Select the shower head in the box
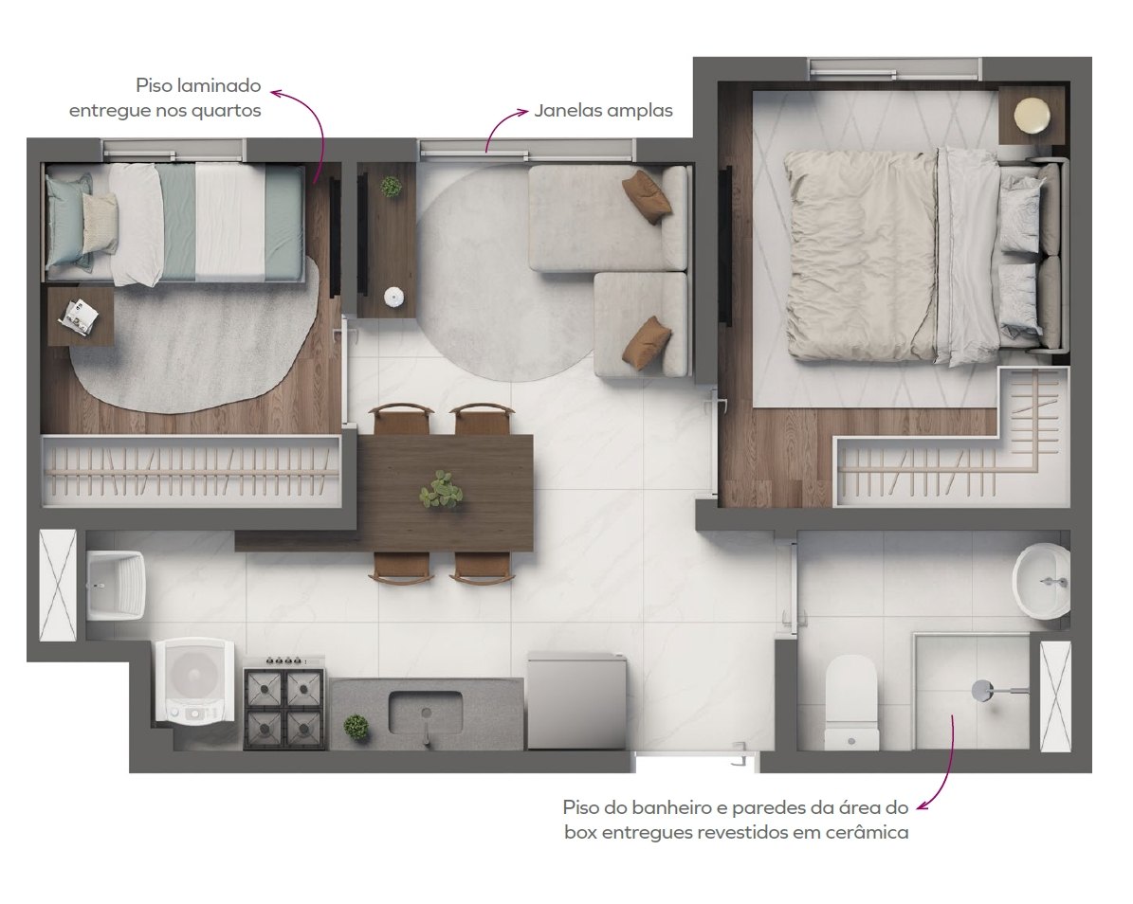pos(983,690)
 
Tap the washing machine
pos(194,680)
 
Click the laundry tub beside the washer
pos(116,585)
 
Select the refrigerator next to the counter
pos(576,700)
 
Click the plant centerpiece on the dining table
pos(441,490)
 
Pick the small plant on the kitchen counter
pos(356,726)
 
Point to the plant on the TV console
pos(392,187)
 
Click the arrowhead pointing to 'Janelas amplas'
pos(523,111)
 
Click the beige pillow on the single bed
pos(100,223)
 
